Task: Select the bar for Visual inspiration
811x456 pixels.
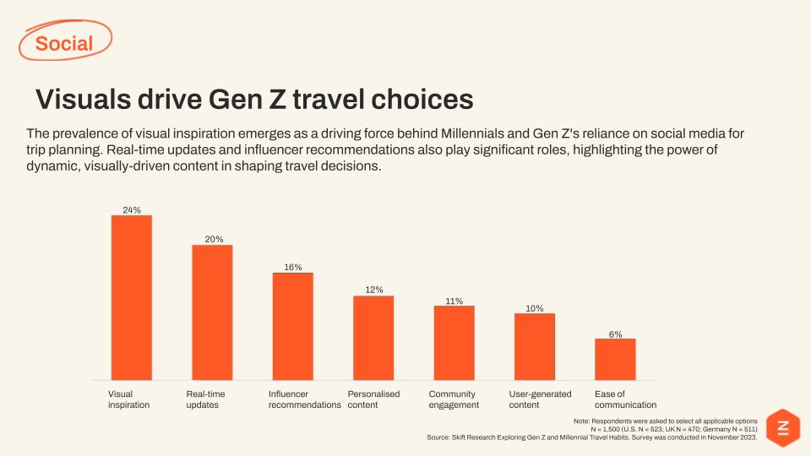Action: (x=132, y=297)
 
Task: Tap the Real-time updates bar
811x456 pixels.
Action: (x=212, y=312)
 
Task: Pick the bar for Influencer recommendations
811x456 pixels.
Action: (x=292, y=326)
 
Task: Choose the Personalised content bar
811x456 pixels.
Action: (x=373, y=338)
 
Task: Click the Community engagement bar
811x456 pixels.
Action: (x=454, y=343)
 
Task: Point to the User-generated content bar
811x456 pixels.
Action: (x=535, y=346)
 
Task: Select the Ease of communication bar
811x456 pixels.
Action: (x=615, y=359)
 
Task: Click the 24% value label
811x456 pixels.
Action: (x=132, y=209)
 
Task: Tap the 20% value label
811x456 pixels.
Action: (x=213, y=239)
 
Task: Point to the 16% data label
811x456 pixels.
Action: (x=293, y=267)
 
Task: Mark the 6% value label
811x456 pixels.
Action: (x=616, y=334)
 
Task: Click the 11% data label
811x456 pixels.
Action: (x=454, y=301)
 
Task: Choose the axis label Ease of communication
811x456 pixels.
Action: (x=625, y=399)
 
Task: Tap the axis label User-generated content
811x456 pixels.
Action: (x=540, y=399)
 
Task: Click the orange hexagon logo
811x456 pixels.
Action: (x=781, y=427)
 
